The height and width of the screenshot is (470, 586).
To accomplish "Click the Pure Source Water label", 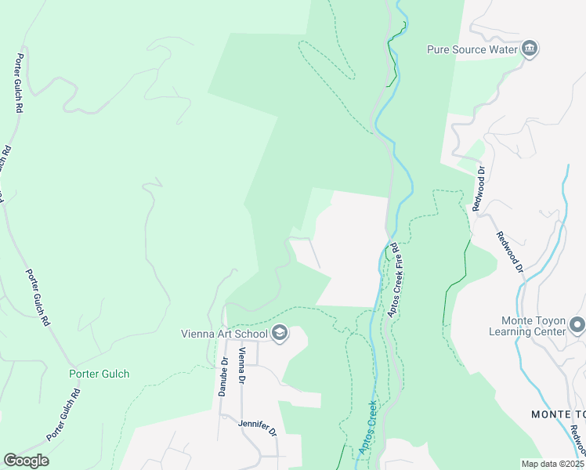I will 473,49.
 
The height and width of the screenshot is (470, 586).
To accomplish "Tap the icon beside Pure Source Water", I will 530,49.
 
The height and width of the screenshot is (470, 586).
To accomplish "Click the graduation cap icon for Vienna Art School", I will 280,334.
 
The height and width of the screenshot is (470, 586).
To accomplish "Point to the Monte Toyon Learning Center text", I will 533,326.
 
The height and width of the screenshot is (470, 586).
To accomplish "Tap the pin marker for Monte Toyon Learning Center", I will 577,324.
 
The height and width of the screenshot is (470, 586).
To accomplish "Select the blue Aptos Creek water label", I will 365,429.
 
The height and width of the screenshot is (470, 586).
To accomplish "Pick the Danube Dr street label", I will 223,377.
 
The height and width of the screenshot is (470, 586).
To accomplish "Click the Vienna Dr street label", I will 243,365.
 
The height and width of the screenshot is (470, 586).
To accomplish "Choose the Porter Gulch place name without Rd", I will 99,374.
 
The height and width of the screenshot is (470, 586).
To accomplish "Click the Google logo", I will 26,461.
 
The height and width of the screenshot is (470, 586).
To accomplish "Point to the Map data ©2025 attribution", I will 552,464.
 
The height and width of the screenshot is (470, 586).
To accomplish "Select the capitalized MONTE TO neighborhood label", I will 558,414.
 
